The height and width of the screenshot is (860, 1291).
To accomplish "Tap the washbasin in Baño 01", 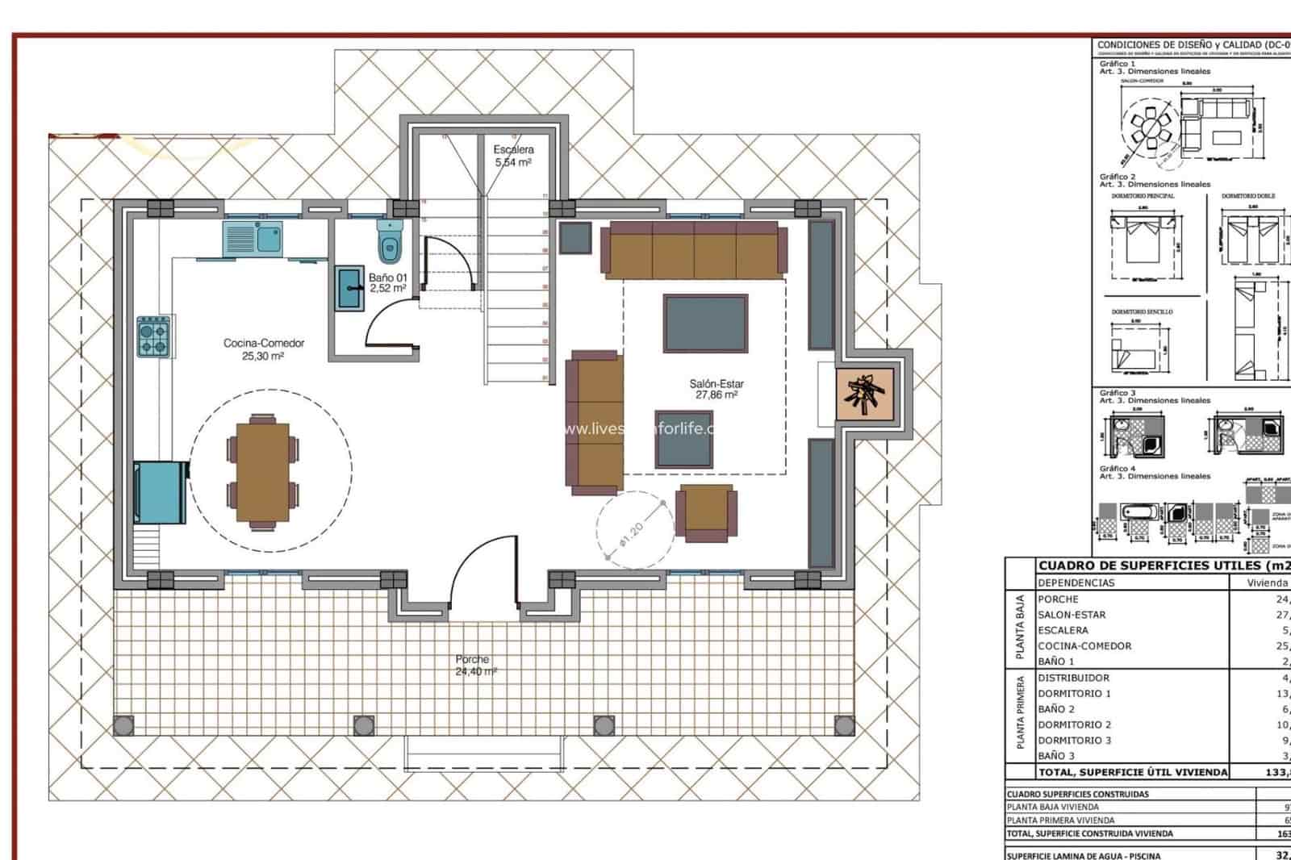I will point(349,288).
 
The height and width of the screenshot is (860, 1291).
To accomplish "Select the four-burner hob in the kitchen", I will point(153,336).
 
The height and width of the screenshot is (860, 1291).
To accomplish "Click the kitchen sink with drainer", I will point(253,239).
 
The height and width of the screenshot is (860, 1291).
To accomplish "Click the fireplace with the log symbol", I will point(866,395).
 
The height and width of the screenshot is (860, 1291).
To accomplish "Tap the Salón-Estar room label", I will point(717,390).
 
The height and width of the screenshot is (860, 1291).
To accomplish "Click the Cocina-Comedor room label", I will point(264,349).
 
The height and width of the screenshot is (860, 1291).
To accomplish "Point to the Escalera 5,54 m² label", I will point(514,156).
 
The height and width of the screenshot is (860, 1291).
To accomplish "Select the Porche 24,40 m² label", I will point(474,665).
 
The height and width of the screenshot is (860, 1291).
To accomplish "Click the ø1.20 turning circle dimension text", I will point(633,536).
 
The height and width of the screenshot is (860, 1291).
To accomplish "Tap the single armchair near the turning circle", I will point(707,512).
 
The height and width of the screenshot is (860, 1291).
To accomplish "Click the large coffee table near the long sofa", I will point(705,324).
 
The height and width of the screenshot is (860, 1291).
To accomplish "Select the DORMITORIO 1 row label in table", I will point(1075,693).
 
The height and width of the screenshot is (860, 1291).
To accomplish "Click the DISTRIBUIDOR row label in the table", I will point(1074,678).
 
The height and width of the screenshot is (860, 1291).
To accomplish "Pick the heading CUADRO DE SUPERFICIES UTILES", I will point(1162,566).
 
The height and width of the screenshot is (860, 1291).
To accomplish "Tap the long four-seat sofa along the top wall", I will point(694,251).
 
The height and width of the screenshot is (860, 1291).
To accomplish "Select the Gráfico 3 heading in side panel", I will point(1118,393).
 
